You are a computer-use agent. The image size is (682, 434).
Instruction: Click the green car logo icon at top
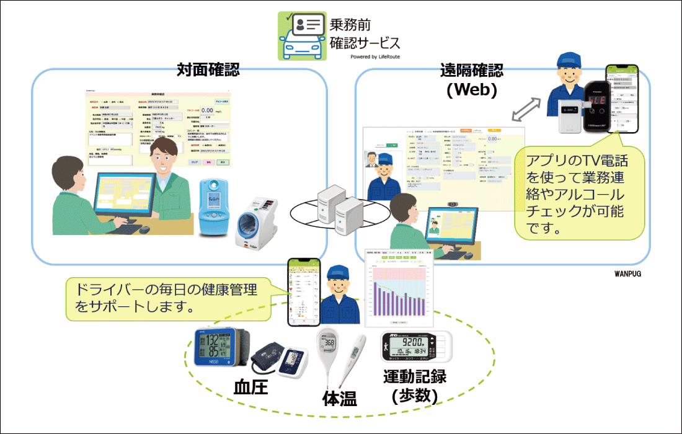coord(301,36)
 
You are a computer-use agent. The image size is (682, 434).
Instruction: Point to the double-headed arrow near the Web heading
coord(525,110)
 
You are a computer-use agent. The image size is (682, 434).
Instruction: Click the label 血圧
coord(250,387)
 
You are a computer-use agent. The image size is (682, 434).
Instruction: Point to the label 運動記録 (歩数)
coord(415,385)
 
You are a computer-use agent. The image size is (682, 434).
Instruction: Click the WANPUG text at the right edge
coord(627,271)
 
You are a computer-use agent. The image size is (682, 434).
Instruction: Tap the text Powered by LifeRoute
coord(374,56)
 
